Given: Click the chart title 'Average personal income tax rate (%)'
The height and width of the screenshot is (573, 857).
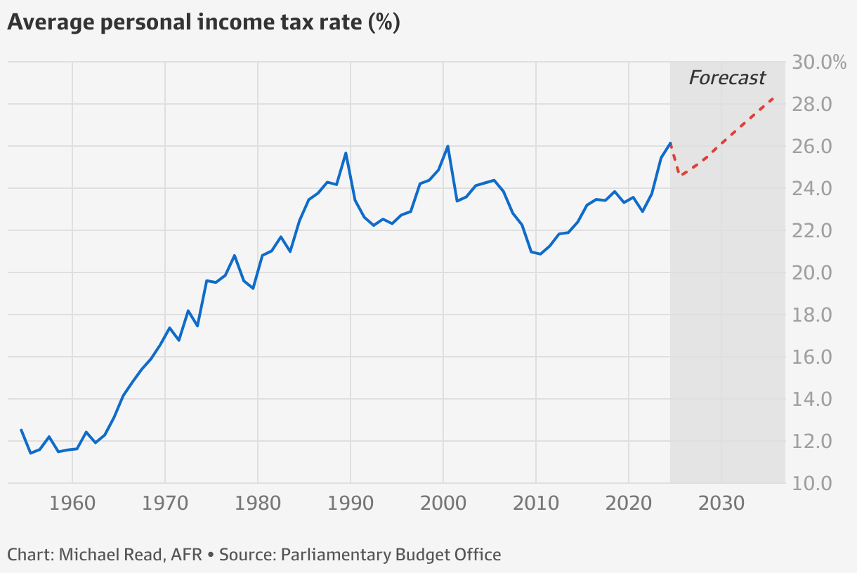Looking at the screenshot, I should (203, 22).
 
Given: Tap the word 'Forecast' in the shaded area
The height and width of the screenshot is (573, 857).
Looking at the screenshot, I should (727, 77).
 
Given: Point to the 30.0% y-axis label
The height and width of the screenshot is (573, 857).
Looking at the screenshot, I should (819, 62).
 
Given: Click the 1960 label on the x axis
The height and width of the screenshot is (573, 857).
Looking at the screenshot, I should (72, 504).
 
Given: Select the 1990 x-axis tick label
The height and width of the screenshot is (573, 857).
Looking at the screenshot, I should (351, 504).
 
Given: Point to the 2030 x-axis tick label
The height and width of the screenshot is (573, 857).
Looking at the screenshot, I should (721, 504).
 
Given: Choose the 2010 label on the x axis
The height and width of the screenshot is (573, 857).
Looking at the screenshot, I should (536, 504).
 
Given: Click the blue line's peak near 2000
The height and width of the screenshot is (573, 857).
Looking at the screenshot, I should (448, 146).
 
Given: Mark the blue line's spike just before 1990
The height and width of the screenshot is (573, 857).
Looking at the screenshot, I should (346, 153).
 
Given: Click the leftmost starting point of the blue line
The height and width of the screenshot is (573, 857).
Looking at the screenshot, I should (21, 430).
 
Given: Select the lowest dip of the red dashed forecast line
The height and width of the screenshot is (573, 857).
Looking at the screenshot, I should (680, 174).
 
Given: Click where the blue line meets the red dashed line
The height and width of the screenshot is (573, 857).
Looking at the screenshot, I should (671, 143).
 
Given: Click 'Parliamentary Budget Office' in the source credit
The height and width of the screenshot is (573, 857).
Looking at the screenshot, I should (391, 555).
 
